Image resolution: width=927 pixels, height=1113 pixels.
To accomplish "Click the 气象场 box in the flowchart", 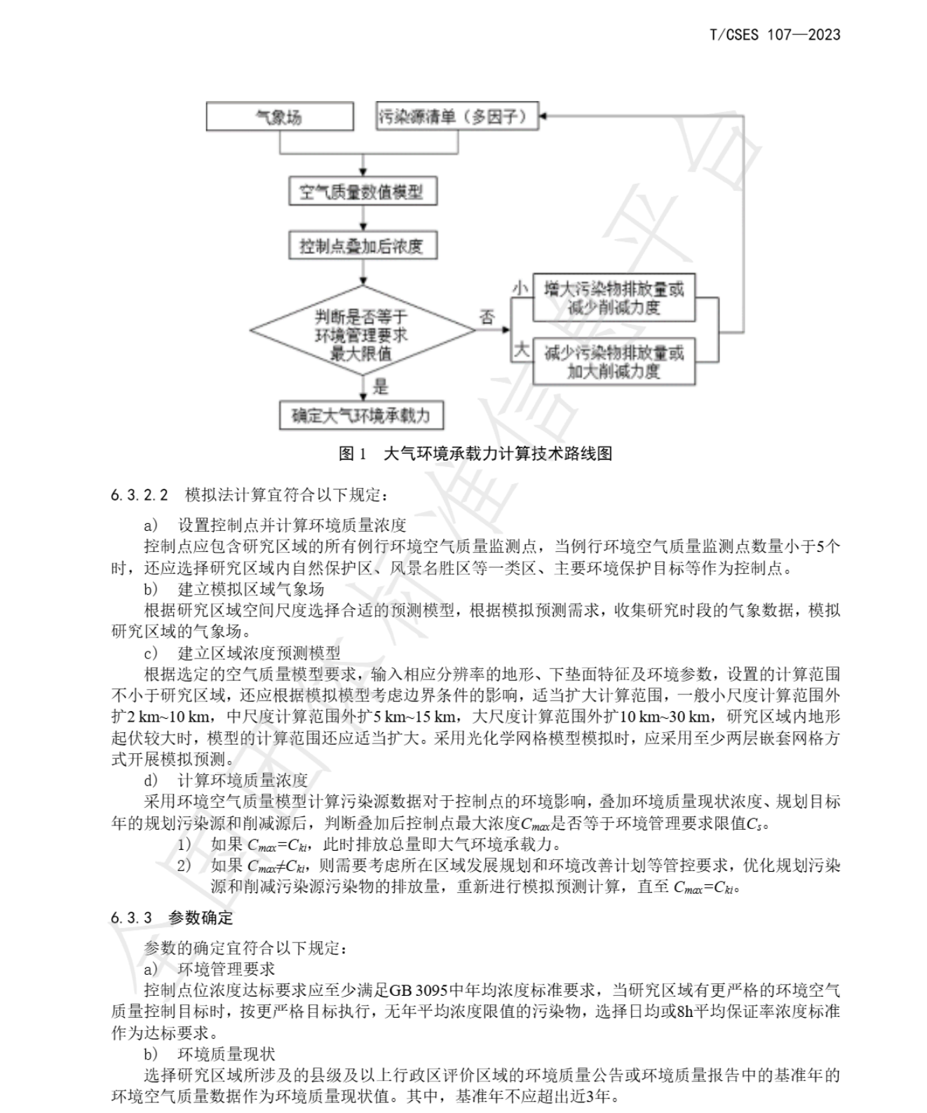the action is click(279, 116).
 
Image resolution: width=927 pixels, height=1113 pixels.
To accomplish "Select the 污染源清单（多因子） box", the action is click(456, 116).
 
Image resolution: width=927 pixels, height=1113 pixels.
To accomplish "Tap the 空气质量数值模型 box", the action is click(363, 191).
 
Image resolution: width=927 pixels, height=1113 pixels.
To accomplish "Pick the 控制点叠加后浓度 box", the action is click(363, 245).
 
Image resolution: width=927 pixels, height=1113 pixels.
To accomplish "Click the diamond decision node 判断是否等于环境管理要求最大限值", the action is click(363, 330).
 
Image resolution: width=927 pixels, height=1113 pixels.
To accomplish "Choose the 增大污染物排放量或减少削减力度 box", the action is click(614, 298).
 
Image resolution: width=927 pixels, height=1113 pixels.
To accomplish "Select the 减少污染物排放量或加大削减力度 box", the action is click(614, 361).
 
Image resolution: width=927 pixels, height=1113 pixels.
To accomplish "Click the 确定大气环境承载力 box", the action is click(361, 415).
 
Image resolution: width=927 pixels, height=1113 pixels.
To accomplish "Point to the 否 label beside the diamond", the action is click(487, 316).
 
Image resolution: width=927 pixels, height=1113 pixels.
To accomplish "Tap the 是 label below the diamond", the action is click(380, 386).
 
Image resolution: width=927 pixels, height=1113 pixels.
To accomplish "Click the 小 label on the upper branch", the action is click(520, 288).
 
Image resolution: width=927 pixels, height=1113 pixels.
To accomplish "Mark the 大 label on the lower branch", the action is click(521, 350).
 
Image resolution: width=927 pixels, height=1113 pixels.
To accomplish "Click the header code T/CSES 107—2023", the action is click(775, 34).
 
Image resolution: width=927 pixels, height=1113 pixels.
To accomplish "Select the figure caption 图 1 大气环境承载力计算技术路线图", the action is click(475, 454).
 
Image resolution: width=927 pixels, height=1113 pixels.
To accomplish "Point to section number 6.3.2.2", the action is click(139, 494).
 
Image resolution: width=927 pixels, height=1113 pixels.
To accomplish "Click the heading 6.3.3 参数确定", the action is click(172, 917).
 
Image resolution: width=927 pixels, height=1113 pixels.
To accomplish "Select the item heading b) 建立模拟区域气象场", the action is click(234, 589).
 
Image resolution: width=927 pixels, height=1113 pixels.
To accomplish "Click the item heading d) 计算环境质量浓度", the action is click(226, 781).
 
